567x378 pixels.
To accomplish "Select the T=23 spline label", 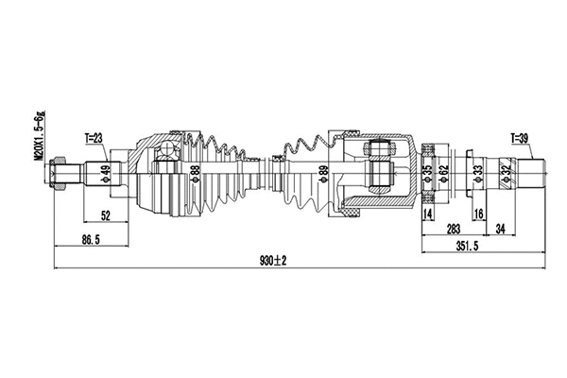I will [x=94, y=138].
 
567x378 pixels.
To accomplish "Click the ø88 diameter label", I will [x=196, y=175].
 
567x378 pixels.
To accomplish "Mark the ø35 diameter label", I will [x=427, y=174].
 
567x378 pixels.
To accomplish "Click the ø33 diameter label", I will [x=478, y=174].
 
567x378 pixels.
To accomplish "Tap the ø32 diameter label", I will [x=507, y=174].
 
